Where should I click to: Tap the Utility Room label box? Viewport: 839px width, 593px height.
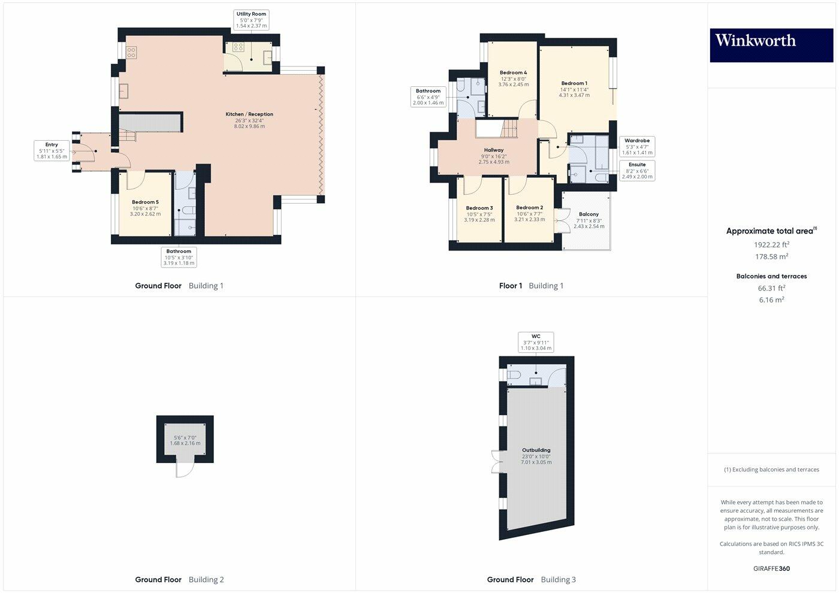(x=251, y=20)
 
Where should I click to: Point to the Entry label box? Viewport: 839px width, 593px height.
(x=52, y=150)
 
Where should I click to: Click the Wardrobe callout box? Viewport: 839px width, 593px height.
(x=637, y=147)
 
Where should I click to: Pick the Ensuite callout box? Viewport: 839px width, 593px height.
(x=637, y=171)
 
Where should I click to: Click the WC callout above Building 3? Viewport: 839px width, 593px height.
(x=536, y=342)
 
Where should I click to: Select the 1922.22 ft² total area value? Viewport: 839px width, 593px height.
(x=771, y=244)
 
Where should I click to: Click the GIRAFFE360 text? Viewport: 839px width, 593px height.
(x=771, y=568)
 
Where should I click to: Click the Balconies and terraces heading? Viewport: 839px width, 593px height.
(x=771, y=276)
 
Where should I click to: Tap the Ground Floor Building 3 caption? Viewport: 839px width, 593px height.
(x=531, y=579)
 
